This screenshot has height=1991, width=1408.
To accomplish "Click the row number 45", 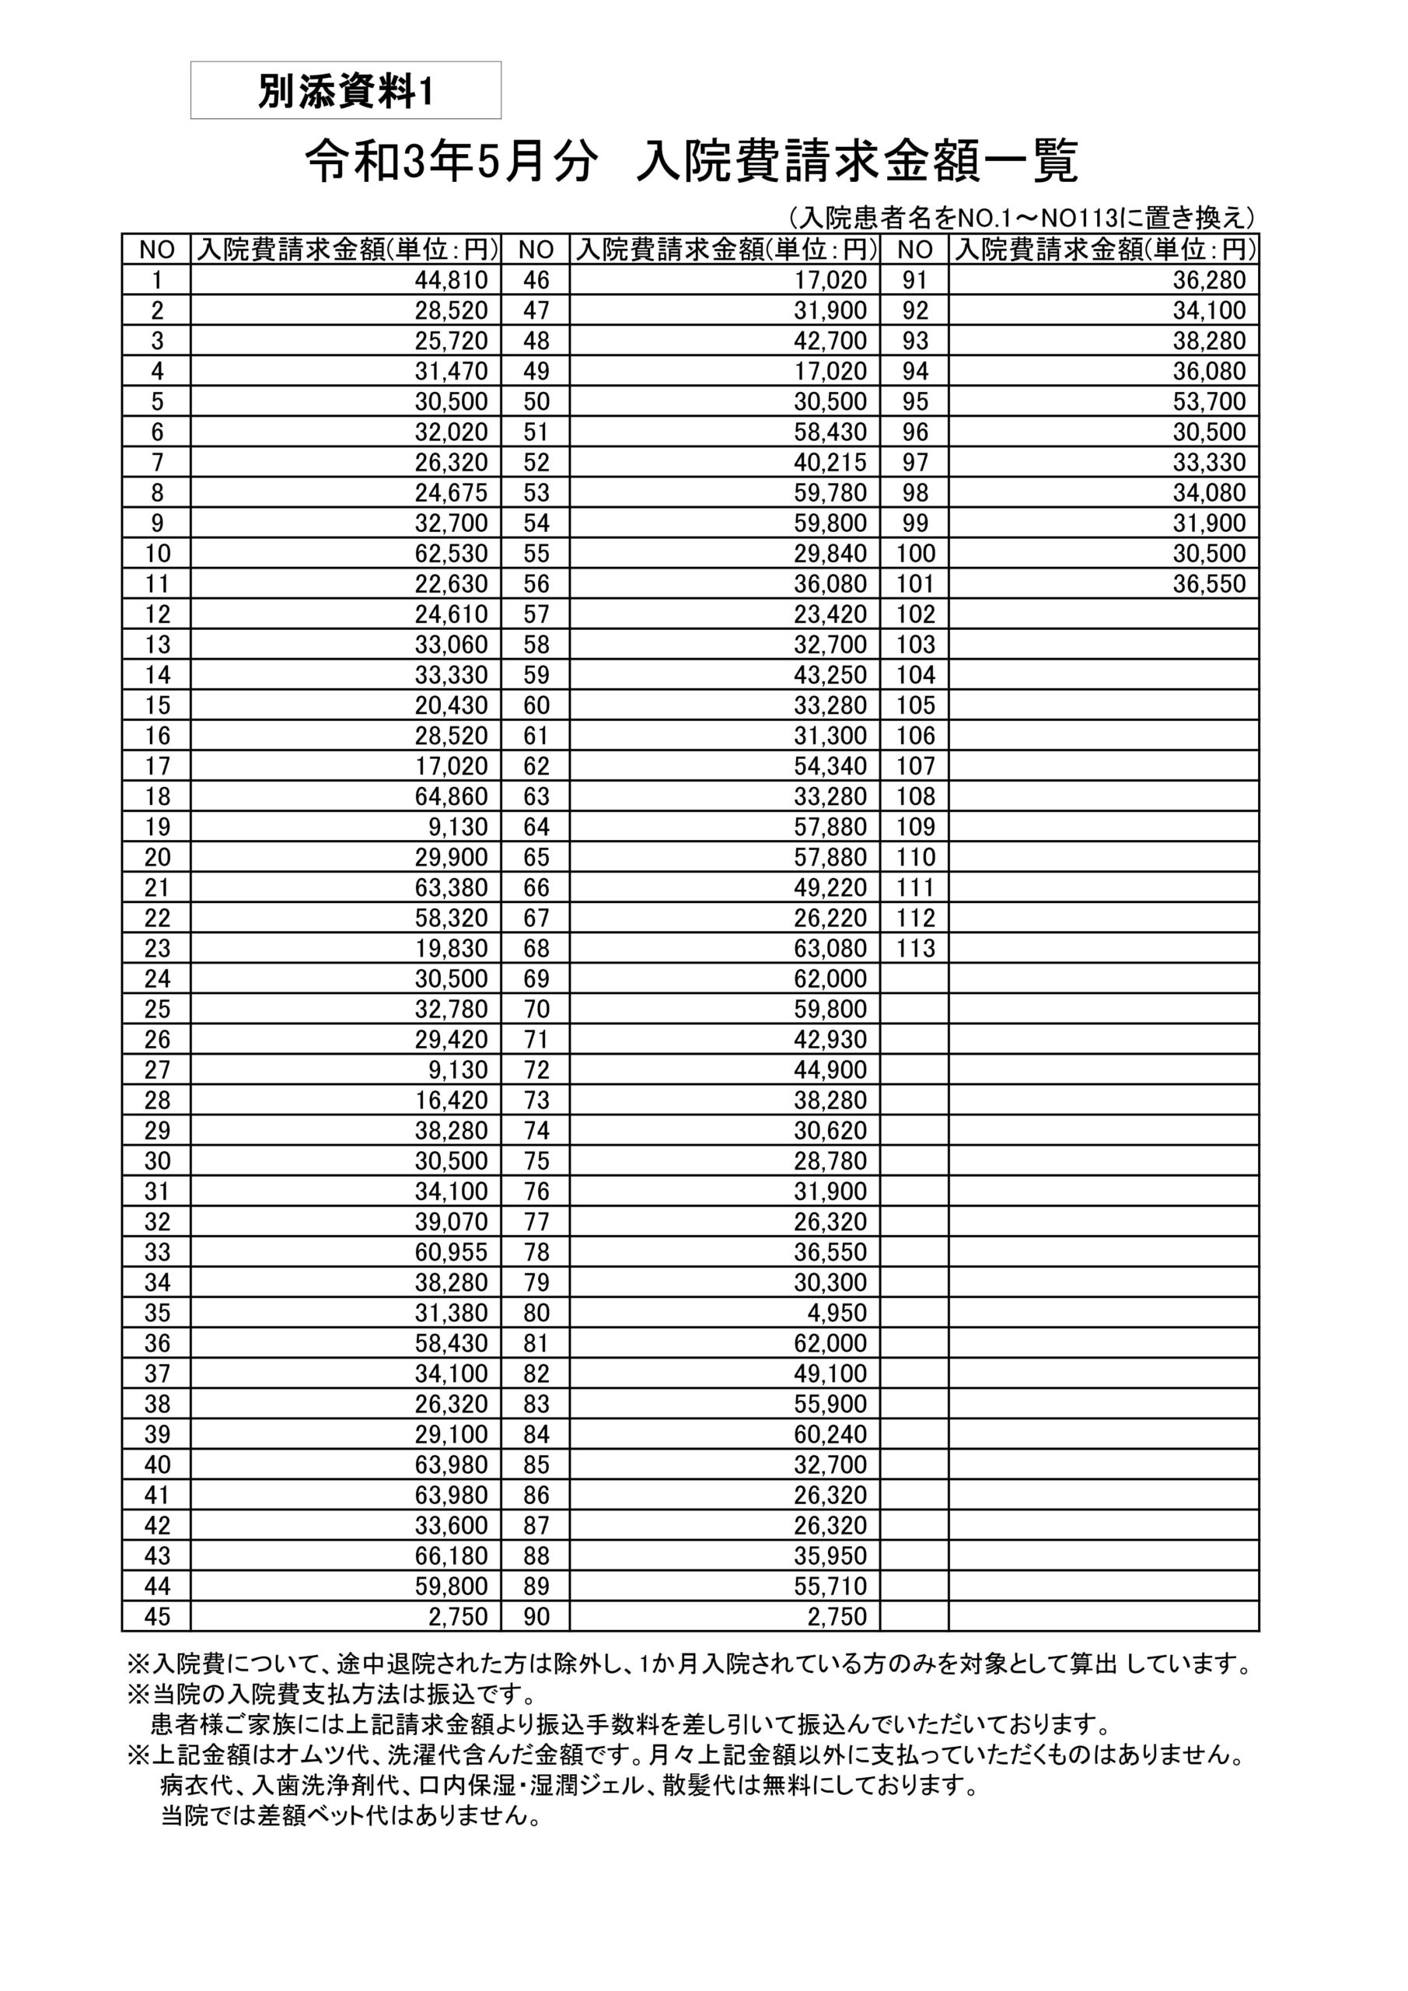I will pyautogui.click(x=157, y=1616).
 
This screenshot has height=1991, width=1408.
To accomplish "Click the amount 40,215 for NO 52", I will pyautogui.click(x=830, y=462).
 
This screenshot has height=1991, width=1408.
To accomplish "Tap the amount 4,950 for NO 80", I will pyautogui.click(x=837, y=1313).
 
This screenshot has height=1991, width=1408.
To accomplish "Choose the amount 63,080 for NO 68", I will pyautogui.click(x=830, y=948).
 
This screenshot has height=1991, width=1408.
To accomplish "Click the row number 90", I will pyautogui.click(x=536, y=1616).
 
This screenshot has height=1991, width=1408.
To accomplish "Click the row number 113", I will pyautogui.click(x=916, y=948).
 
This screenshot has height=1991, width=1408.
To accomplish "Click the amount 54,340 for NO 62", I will pyautogui.click(x=830, y=766).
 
